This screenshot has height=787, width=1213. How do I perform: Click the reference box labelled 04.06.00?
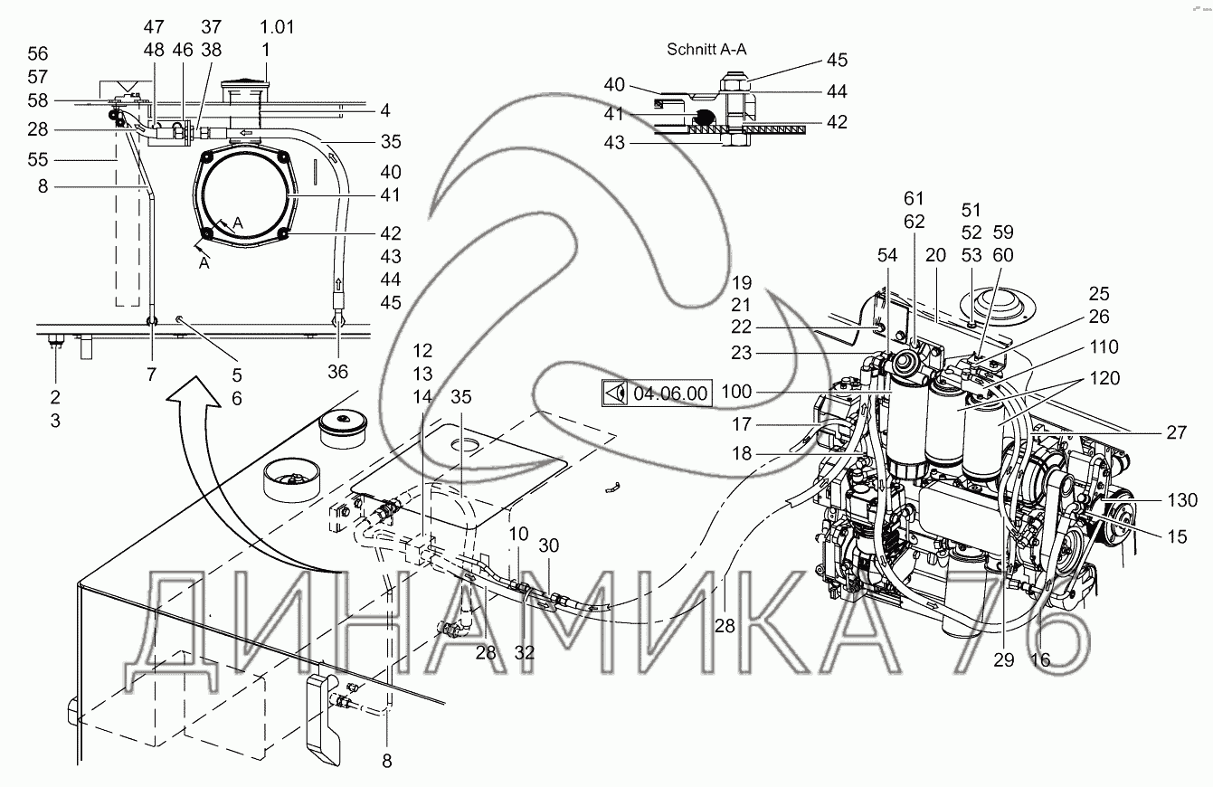(x=657, y=394)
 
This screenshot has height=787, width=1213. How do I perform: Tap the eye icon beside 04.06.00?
(x=617, y=394)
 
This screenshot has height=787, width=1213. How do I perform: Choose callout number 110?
(x=1104, y=346)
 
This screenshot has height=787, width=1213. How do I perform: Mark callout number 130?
(x=1181, y=500)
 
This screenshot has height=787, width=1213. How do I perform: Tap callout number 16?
(x=1040, y=659)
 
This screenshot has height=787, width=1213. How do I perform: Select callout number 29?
(x=1004, y=659)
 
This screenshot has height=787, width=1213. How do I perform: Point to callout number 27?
(x=1175, y=432)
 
